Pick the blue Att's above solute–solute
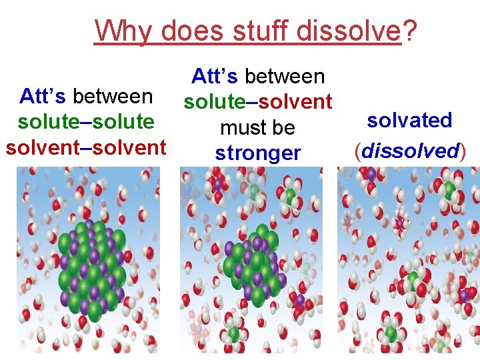coord(43,97)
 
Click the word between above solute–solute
coord(113,97)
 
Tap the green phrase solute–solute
coord(87,122)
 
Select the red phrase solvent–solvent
coord(86,147)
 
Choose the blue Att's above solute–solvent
coord(215,76)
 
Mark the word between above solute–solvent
coord(285,76)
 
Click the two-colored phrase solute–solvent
coord(258,101)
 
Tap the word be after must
coord(284,127)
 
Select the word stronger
coord(258,153)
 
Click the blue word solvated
coord(409,121)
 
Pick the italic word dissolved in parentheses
coord(409,150)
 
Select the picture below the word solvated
coord(407,260)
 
